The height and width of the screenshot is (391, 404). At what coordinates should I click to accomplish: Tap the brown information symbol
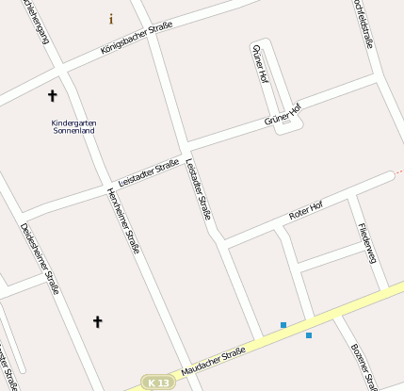click(111, 19)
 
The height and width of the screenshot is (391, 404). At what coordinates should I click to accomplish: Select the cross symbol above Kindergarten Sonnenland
click(52, 96)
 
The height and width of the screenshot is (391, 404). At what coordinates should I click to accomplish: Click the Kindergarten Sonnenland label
click(74, 126)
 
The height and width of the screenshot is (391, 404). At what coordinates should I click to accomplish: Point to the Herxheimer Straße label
click(124, 221)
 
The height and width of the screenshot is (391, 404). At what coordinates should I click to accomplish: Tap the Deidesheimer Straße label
click(40, 257)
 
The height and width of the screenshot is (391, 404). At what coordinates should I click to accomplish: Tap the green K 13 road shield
click(158, 383)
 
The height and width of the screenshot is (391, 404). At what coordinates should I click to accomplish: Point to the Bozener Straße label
click(364, 366)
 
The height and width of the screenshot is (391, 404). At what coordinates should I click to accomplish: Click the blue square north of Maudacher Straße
click(283, 325)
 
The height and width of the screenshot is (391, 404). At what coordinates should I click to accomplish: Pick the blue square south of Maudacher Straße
click(309, 335)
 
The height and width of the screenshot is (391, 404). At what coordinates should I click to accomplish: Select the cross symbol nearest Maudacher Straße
click(97, 322)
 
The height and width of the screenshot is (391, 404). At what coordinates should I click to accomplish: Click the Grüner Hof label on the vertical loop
click(262, 64)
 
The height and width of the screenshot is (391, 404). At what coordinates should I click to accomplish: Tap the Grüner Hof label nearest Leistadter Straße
click(283, 115)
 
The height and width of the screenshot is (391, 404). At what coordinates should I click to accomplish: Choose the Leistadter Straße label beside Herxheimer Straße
click(149, 173)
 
